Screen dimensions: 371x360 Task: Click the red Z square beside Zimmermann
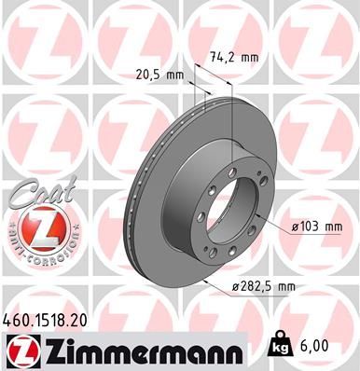click(x=21, y=350)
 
